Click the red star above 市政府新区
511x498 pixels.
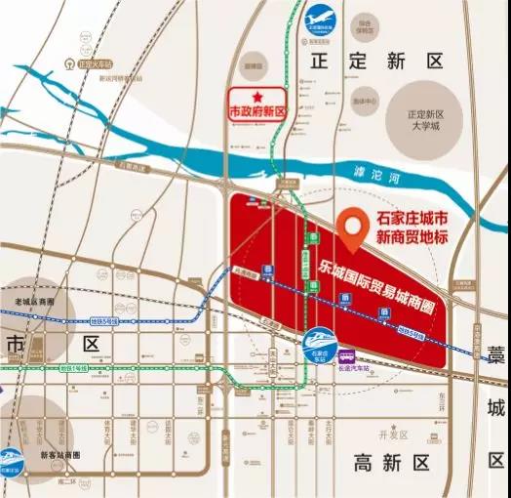click(257, 97)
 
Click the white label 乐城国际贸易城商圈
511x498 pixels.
click(376, 287)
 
